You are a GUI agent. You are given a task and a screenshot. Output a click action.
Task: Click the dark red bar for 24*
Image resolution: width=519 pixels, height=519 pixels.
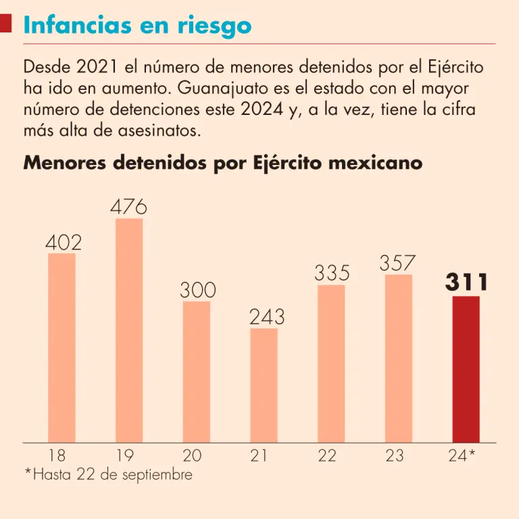466,369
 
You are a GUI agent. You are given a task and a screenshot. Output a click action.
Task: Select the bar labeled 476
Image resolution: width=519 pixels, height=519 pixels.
129,330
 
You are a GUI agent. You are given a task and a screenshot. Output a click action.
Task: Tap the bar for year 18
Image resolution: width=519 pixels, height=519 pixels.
61,348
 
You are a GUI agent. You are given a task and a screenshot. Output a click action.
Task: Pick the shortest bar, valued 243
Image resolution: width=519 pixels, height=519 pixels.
264,385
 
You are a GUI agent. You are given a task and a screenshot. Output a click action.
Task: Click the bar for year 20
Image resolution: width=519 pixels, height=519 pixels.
197,372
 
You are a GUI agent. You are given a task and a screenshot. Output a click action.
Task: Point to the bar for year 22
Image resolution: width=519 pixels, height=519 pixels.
331,364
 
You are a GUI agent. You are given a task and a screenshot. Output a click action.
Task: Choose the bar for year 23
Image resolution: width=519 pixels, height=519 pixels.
399,358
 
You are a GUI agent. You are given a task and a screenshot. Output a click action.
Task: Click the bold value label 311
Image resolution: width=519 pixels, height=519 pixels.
466,283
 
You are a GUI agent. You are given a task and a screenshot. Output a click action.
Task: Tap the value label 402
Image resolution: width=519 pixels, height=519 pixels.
63,242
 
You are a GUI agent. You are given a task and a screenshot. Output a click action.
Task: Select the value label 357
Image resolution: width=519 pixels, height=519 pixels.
398,263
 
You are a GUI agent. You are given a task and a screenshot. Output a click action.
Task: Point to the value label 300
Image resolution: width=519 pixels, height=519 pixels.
197,291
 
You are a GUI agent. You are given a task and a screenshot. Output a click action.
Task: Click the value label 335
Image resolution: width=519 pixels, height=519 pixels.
332,274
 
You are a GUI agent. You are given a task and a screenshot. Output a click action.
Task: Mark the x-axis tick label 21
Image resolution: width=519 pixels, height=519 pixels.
259,455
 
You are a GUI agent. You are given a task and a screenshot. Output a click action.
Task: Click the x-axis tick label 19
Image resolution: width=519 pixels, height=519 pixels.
125,455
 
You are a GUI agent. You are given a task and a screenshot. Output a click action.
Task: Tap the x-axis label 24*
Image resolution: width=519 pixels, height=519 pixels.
462,455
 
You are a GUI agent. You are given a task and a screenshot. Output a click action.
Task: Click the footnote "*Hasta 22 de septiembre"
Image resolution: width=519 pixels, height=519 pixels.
108,474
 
